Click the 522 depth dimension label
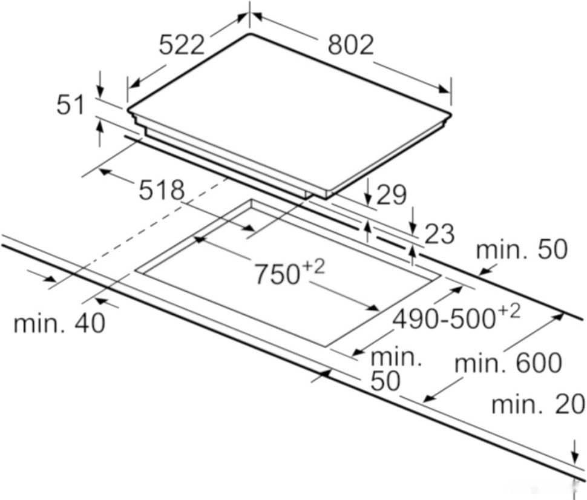pyautogui.click(x=182, y=44)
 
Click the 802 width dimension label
pyautogui.click(x=350, y=44)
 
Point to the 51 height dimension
pyautogui.click(x=71, y=105)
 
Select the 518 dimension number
pyautogui.click(x=162, y=191)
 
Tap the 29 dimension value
pyautogui.click(x=391, y=195)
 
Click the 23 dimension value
pyautogui.click(x=439, y=234)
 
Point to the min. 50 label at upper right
pyautogui.click(x=522, y=249)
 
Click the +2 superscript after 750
pyautogui.click(x=314, y=266)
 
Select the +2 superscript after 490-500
pyautogui.click(x=509, y=311)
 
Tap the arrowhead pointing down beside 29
pyautogui.click(x=369, y=200)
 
